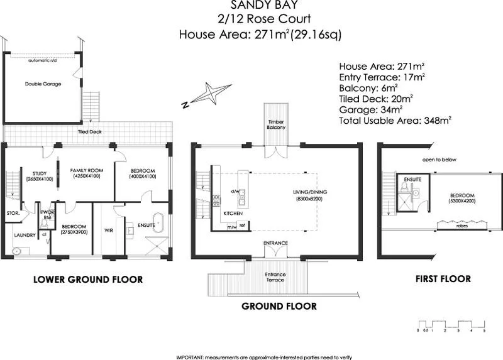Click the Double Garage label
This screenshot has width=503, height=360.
(43, 84)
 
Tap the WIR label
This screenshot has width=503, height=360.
(108, 229)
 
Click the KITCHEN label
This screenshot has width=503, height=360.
(233, 214)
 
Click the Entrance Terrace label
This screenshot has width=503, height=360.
(275, 276)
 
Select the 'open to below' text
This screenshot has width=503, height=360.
(439, 160)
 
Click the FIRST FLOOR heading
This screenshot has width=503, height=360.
(443, 278)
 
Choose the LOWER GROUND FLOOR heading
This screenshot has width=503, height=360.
(87, 280)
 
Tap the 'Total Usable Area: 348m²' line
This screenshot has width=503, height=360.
(395, 118)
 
